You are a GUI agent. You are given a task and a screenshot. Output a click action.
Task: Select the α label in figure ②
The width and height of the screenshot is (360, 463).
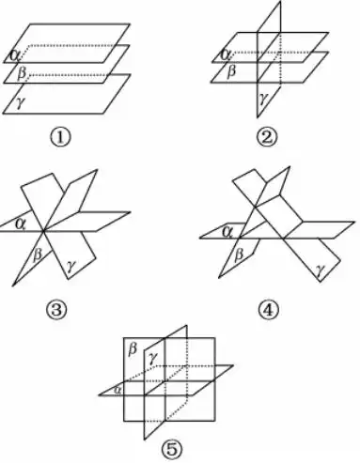point(226,54)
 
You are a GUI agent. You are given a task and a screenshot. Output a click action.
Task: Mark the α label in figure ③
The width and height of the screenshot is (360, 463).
point(21,223)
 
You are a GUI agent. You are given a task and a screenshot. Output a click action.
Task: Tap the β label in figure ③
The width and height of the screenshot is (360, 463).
point(38,253)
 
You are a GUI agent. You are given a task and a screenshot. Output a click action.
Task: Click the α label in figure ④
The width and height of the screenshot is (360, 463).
point(226,230)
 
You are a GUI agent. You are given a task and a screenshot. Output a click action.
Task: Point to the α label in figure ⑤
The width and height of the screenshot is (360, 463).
point(117,388)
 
